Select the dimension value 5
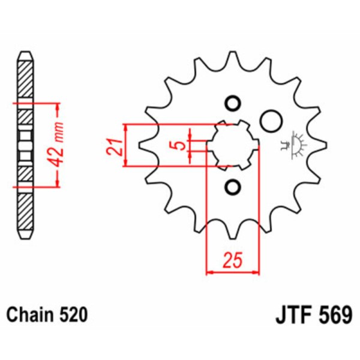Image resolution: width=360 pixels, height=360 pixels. pyautogui.click(x=177, y=145)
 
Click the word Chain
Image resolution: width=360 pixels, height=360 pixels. pyautogui.click(x=28, y=314)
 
